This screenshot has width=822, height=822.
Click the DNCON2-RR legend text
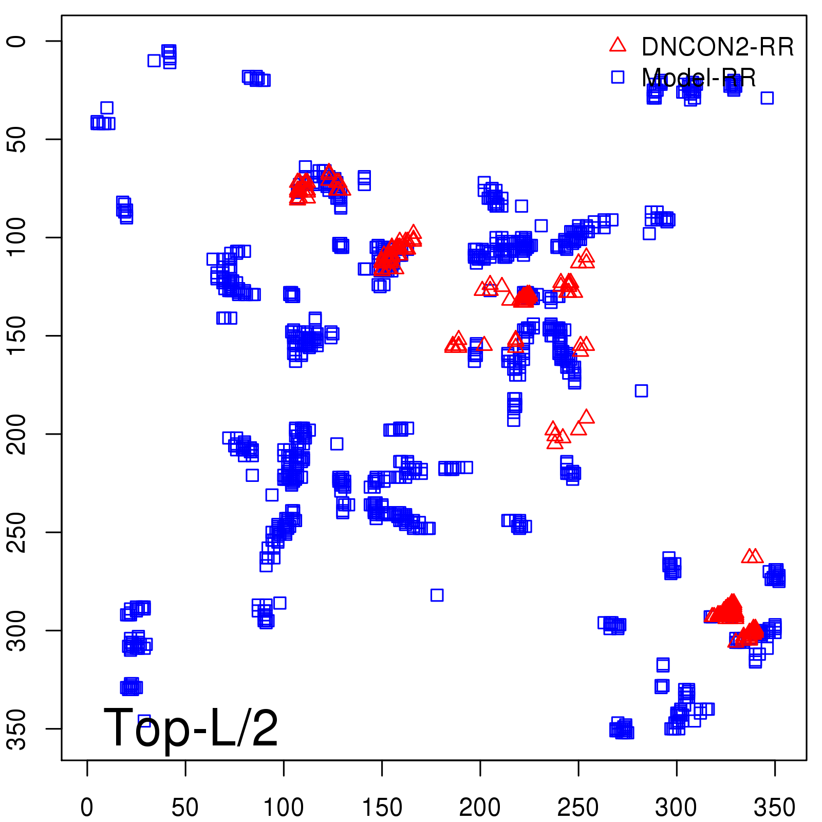click(x=717, y=47)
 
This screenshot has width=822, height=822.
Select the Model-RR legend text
click(x=699, y=78)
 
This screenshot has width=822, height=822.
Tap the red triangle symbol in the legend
click(x=618, y=45)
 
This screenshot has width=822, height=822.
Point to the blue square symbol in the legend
click(x=618, y=77)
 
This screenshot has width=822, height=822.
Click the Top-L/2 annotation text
click(x=191, y=727)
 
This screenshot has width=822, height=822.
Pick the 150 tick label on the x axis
click(x=382, y=808)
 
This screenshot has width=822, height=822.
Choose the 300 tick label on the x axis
click(x=677, y=808)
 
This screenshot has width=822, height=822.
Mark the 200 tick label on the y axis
click(x=17, y=434)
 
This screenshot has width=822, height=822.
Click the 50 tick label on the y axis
click(x=17, y=139)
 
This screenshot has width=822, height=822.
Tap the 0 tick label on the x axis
click(x=87, y=808)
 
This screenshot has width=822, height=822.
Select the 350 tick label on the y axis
click(x=17, y=728)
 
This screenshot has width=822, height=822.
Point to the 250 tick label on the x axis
click(x=578, y=808)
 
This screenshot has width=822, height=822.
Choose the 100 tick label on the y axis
click(x=17, y=237)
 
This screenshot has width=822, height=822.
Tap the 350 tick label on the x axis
click(x=775, y=808)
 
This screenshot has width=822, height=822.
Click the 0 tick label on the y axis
click(x=17, y=41)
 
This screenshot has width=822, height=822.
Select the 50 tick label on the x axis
click(x=185, y=808)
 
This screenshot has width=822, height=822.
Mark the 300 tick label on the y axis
click(x=17, y=630)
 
